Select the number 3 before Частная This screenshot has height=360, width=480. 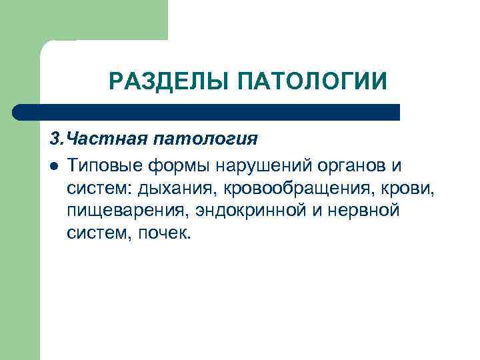coord(54,140)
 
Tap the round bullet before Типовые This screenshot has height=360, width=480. coord(54,165)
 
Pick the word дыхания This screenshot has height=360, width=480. coord(177,189)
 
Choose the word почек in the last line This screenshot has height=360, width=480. coord(165,235)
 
